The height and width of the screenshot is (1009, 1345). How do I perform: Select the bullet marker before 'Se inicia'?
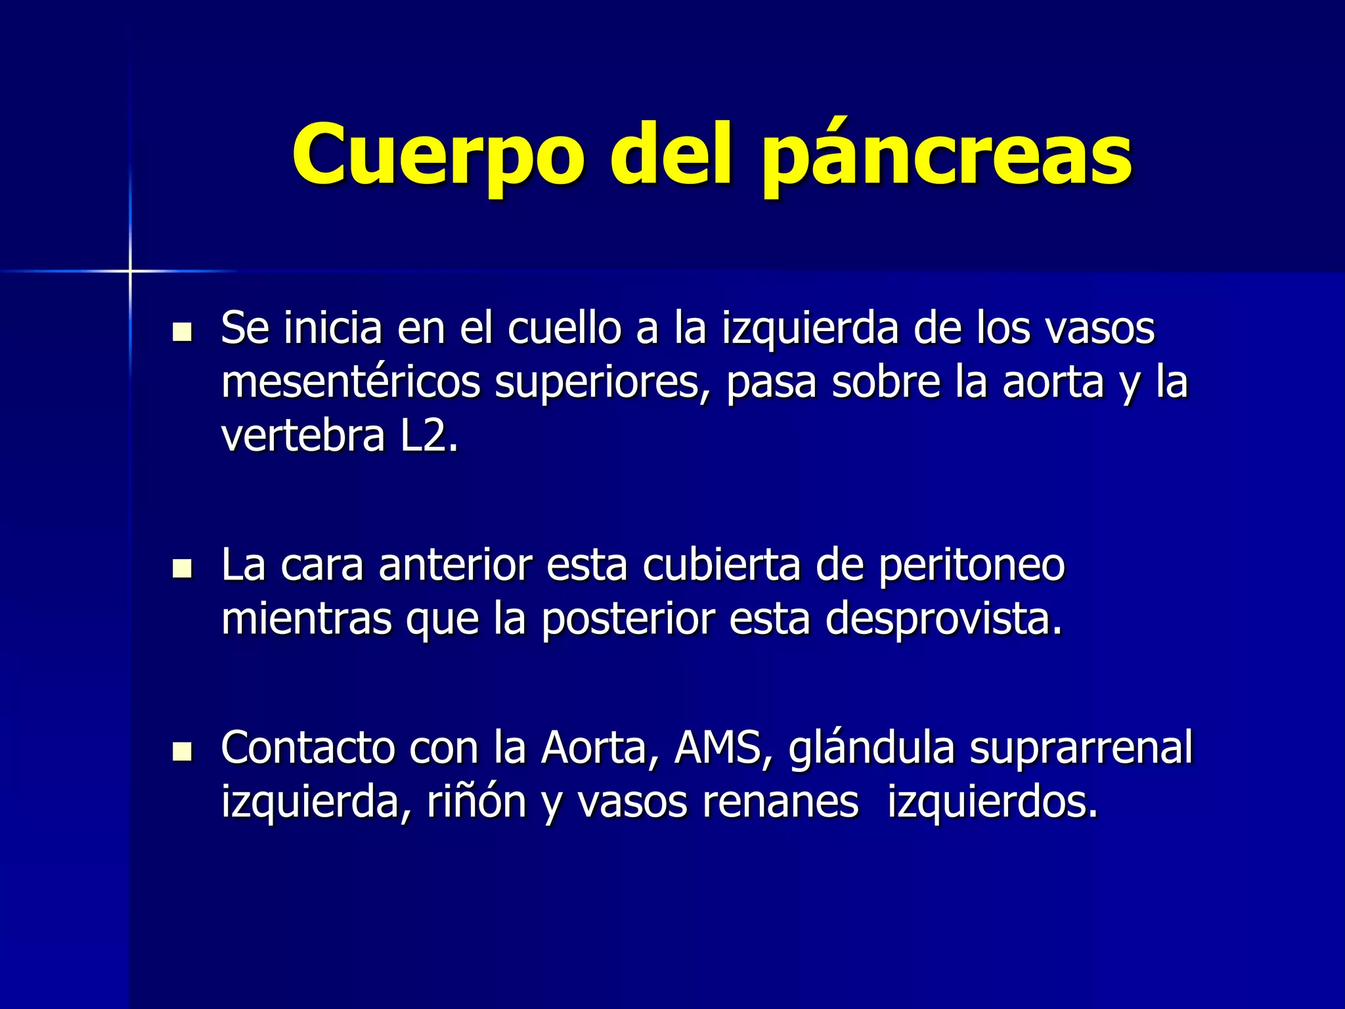181,332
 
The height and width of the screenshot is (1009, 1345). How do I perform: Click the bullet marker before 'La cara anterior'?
181,568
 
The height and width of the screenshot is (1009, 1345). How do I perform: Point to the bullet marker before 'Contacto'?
181,751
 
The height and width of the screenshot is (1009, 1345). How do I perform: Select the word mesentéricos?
351,382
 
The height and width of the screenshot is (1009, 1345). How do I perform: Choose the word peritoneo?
971,565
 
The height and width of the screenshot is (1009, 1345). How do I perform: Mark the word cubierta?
721,565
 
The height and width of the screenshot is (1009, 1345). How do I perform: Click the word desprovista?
944,619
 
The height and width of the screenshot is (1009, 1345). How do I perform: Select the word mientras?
306,619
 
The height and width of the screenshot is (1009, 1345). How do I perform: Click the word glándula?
871,748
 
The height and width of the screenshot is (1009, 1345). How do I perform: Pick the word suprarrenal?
1081,748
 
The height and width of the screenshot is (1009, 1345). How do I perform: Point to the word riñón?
477,801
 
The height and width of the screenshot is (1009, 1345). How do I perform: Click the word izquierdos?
992,801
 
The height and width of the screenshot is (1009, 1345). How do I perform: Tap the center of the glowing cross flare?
130,271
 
